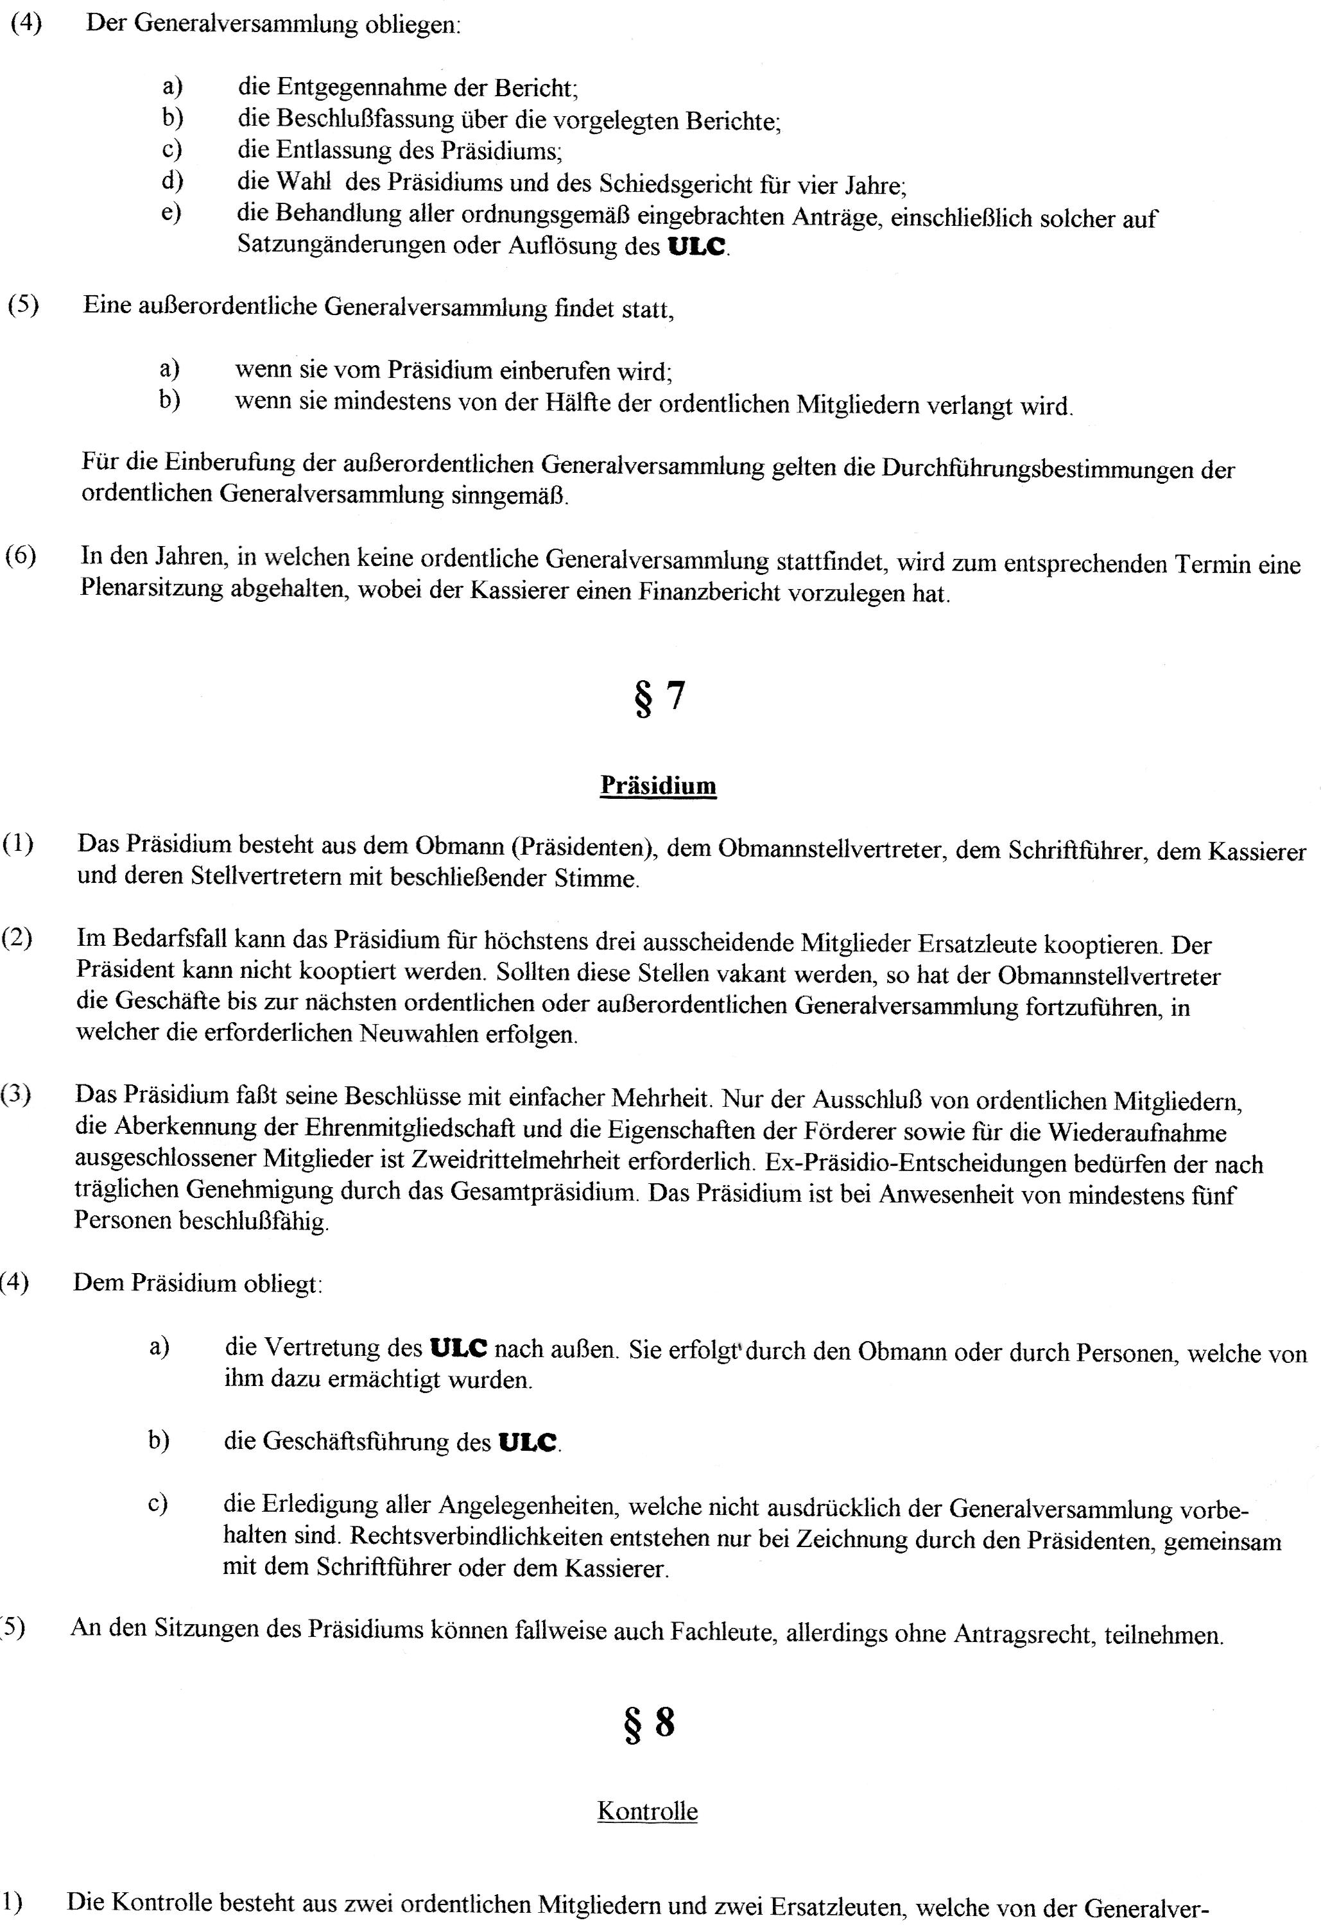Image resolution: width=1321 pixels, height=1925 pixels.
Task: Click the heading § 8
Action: tap(651, 1723)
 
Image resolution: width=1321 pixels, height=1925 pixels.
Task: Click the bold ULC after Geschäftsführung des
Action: tap(527, 1443)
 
